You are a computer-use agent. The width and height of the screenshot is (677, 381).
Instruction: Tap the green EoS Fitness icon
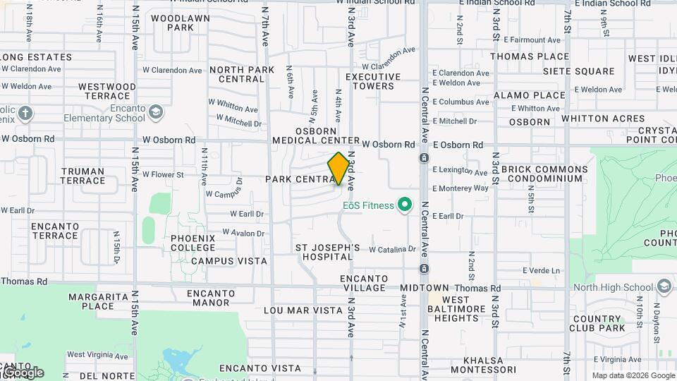pyautogui.click(x=405, y=205)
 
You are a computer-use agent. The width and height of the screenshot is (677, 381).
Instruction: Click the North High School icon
pyautogui.click(x=663, y=286)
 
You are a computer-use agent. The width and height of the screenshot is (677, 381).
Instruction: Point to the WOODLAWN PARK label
pyautogui.click(x=171, y=23)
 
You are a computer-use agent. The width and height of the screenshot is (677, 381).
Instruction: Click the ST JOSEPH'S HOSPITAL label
pyautogui.click(x=327, y=253)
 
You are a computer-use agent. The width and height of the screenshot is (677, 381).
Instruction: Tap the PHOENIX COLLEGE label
pyautogui.click(x=193, y=243)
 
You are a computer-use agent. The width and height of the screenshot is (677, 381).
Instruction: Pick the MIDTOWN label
pyautogui.click(x=425, y=288)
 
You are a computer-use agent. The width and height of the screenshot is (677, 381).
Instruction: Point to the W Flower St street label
pyautogui.click(x=163, y=174)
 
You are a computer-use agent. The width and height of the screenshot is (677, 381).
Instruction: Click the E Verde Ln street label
pyautogui.click(x=541, y=270)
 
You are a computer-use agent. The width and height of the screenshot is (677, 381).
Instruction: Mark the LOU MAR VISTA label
pyautogui.click(x=303, y=310)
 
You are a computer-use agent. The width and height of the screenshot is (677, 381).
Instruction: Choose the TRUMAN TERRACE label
pyautogui.click(x=83, y=176)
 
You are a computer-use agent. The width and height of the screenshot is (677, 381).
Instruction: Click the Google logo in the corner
pyautogui.click(x=23, y=372)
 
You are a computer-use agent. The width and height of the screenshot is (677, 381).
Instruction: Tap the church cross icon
pyautogui.click(x=25, y=114)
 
